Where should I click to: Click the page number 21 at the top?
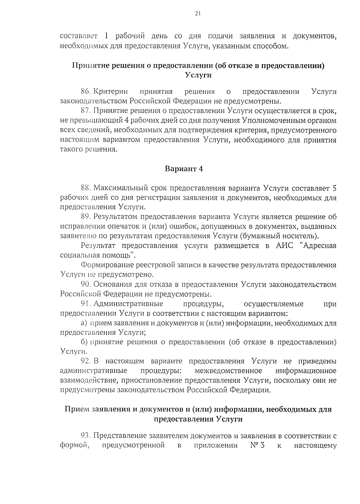coord(197,13)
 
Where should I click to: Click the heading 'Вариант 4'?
coord(184,169)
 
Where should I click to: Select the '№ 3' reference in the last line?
coord(257,445)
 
